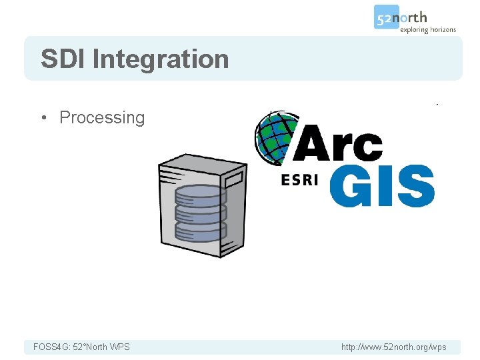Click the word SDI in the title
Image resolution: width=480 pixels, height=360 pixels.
click(x=63, y=59)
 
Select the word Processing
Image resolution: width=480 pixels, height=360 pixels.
click(x=102, y=118)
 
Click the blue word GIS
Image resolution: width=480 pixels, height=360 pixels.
click(x=381, y=186)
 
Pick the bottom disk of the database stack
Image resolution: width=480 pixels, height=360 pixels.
click(x=201, y=231)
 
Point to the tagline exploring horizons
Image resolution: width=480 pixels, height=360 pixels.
click(x=428, y=29)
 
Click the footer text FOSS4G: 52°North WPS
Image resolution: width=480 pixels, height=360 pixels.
click(x=81, y=347)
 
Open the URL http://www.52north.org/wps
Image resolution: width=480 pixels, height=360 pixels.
click(x=393, y=347)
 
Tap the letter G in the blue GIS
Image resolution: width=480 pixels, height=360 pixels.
click(x=353, y=186)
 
